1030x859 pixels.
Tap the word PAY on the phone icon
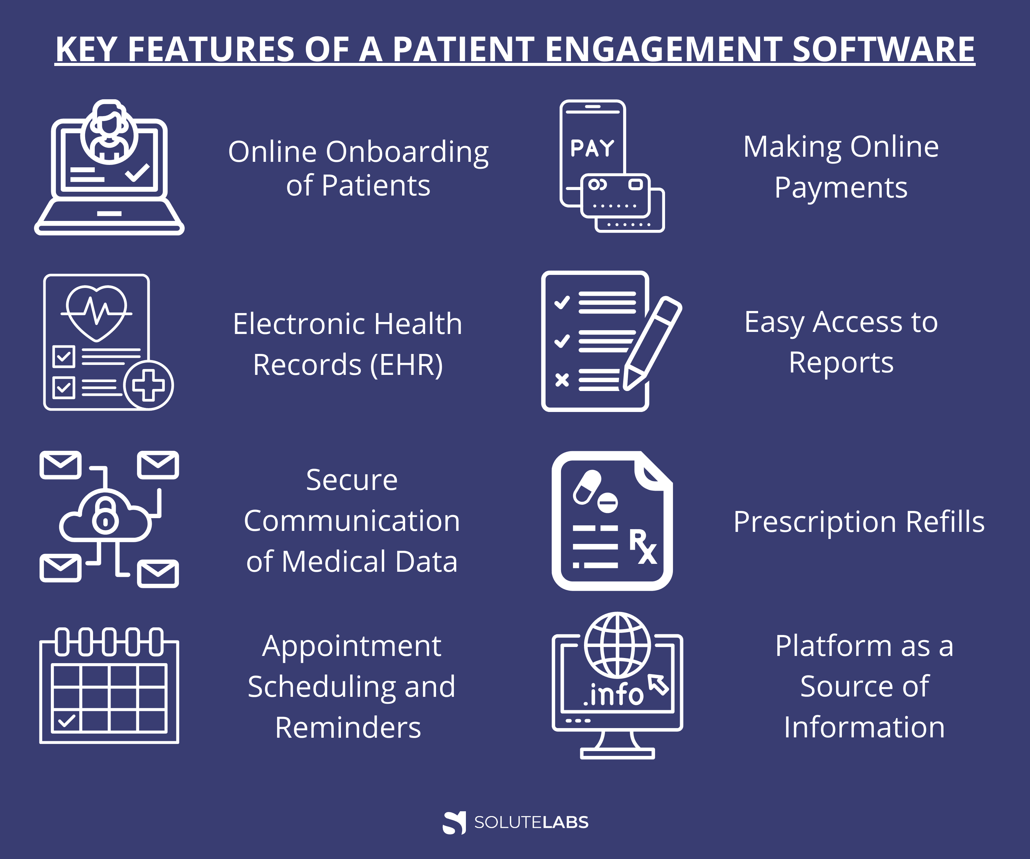[592, 148]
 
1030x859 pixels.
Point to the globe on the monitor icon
[618, 645]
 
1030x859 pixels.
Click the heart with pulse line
[96, 313]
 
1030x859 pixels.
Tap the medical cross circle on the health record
[148, 385]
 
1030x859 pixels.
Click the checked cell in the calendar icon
[66, 721]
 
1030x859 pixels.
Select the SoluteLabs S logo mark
[454, 823]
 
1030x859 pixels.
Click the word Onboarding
[407, 152]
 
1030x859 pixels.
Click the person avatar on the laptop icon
[109, 132]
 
